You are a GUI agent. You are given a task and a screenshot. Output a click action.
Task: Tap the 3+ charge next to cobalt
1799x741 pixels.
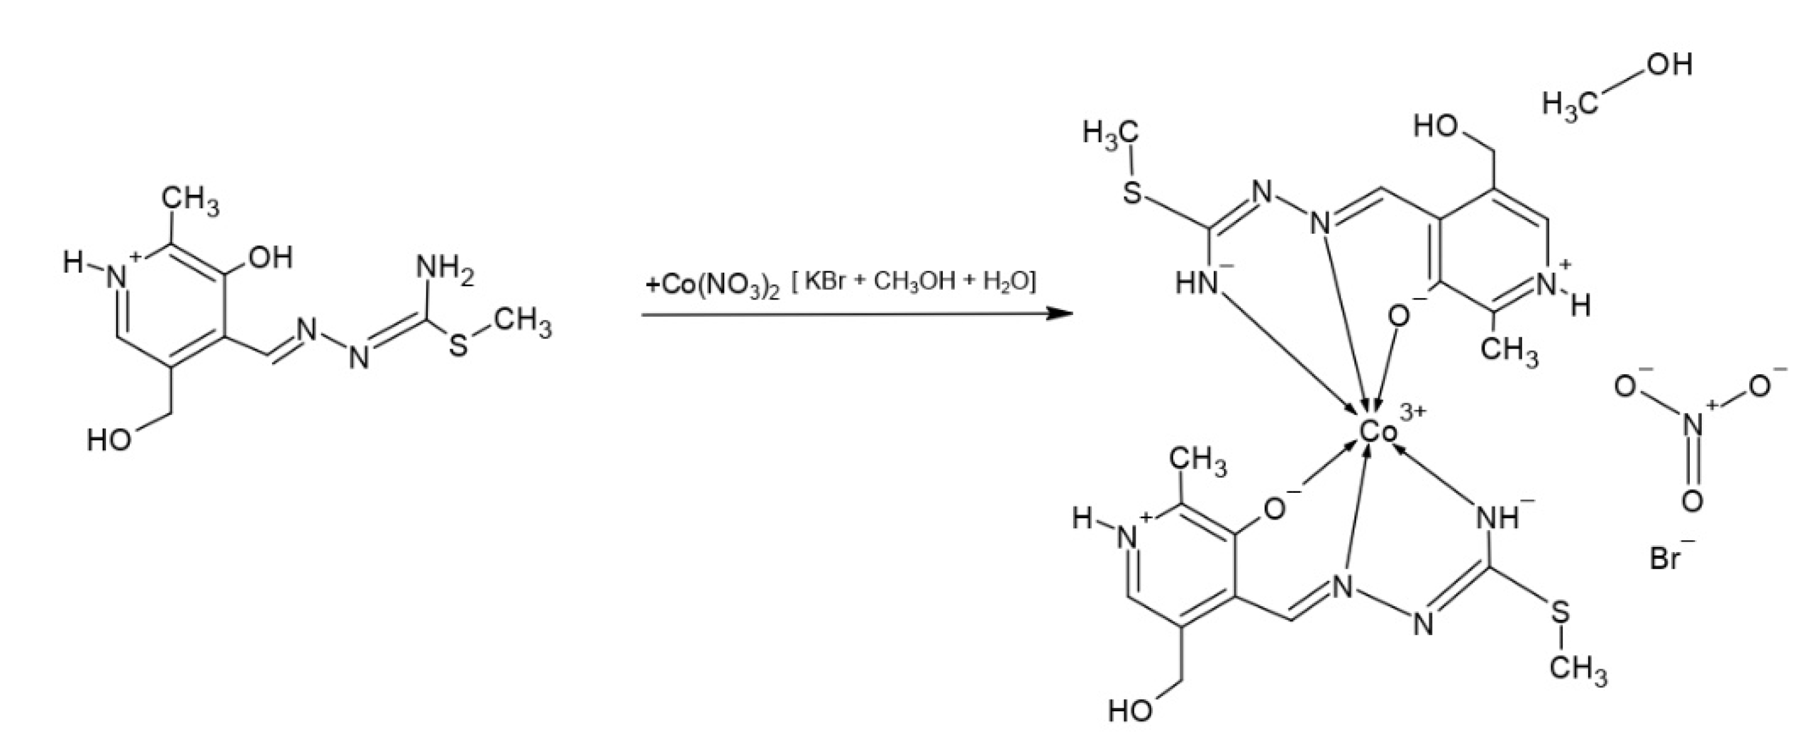[x=1413, y=414]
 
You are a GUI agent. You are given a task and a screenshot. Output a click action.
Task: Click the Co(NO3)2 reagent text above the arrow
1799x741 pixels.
[x=712, y=286]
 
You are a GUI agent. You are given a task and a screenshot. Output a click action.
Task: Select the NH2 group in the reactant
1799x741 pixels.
[x=444, y=269]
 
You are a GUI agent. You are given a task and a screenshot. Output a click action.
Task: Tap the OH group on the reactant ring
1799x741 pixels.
[x=269, y=258]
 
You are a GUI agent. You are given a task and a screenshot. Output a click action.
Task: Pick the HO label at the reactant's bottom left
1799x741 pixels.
[x=109, y=441]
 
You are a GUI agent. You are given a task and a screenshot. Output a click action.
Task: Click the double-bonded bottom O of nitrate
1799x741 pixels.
[x=1692, y=501]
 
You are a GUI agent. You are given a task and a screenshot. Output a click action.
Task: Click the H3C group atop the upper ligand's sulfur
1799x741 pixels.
[x=1110, y=133]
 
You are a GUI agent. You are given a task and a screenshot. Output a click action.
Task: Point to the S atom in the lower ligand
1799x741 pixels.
[x=1560, y=614]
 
